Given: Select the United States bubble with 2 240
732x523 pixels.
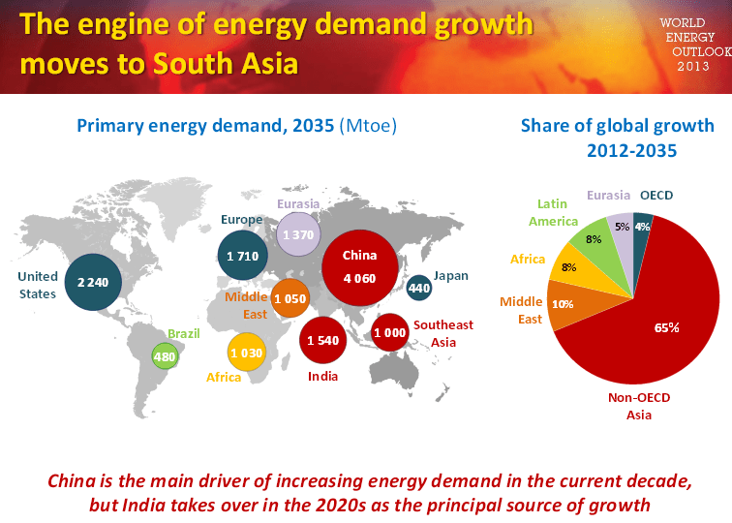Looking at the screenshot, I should [94, 282].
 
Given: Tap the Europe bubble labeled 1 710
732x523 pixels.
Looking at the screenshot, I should [244, 256].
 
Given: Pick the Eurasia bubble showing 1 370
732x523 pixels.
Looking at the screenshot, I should [298, 235].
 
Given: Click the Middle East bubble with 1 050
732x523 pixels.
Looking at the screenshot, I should [290, 299].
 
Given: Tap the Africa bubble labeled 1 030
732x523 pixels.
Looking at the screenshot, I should [248, 354].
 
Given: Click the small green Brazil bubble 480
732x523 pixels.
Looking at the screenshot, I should [166, 356].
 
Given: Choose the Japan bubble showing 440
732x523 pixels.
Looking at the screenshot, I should [419, 288].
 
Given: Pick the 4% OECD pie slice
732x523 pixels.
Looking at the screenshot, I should [643, 226].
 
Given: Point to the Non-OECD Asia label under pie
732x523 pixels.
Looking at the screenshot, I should [638, 406].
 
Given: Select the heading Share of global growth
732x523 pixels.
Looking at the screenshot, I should [618, 127].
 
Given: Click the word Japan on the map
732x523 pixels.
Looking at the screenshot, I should [450, 276].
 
